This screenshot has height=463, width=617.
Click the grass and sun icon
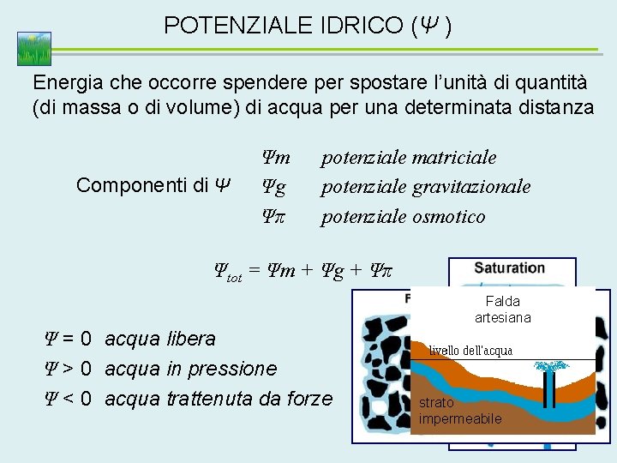[x=33, y=49]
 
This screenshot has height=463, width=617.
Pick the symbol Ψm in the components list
[x=276, y=158]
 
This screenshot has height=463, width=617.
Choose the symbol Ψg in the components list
[x=274, y=187]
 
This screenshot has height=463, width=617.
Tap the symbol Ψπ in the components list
[x=275, y=216]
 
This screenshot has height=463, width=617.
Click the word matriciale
[x=454, y=158]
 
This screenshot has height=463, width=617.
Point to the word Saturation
[x=509, y=268]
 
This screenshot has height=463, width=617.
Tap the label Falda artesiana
[x=503, y=310]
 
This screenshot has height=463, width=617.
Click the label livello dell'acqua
[x=470, y=350]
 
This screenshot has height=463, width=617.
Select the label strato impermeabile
[x=460, y=411]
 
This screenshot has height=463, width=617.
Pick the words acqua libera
[x=159, y=339]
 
